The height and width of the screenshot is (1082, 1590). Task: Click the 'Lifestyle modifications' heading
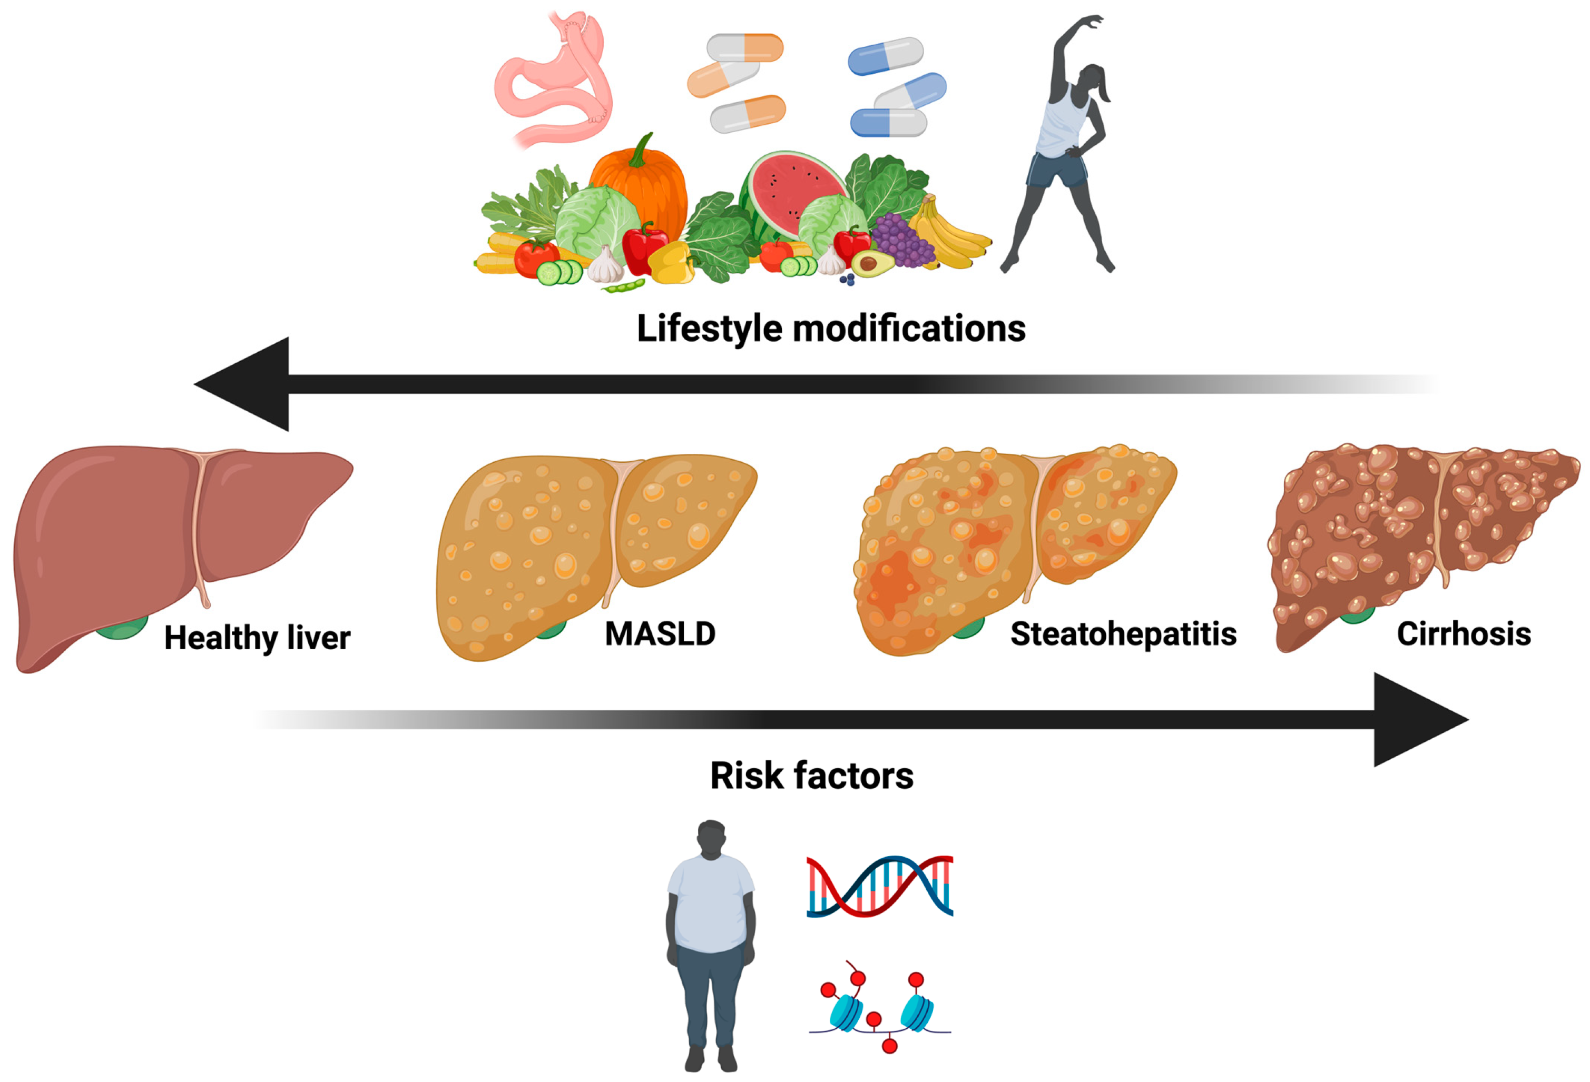(831, 329)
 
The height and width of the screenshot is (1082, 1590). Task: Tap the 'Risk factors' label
(811, 776)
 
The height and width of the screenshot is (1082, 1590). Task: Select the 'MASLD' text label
(660, 634)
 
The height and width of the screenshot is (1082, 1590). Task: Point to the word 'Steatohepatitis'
(1123, 634)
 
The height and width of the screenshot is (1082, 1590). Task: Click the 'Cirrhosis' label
(1464, 634)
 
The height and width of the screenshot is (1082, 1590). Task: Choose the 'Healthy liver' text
(257, 638)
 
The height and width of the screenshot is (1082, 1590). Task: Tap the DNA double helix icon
(880, 886)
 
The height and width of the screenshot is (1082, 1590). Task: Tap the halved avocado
(870, 263)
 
